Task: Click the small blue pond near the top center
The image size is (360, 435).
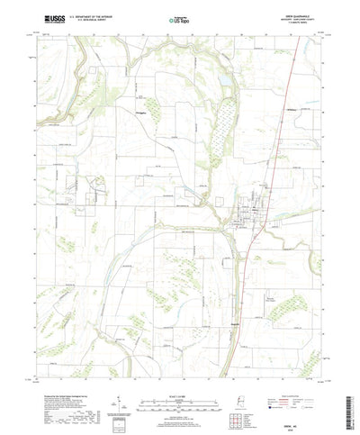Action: coord(219,81)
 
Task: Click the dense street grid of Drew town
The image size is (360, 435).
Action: coord(244,216)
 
